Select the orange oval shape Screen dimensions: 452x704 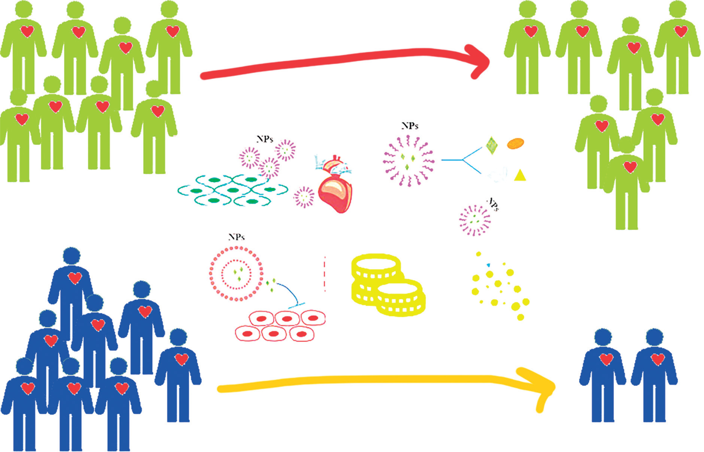point(516,144)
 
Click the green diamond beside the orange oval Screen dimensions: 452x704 point(492,145)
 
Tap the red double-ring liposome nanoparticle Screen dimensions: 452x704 point(236,274)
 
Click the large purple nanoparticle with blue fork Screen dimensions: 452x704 point(409,161)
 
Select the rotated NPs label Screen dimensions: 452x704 point(493,204)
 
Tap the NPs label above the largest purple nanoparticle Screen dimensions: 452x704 point(410,126)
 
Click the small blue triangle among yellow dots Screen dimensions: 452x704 point(488,265)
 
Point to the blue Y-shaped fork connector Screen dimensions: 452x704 point(463,160)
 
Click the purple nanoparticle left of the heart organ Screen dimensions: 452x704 point(304,197)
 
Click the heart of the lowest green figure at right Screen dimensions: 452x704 point(630,167)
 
